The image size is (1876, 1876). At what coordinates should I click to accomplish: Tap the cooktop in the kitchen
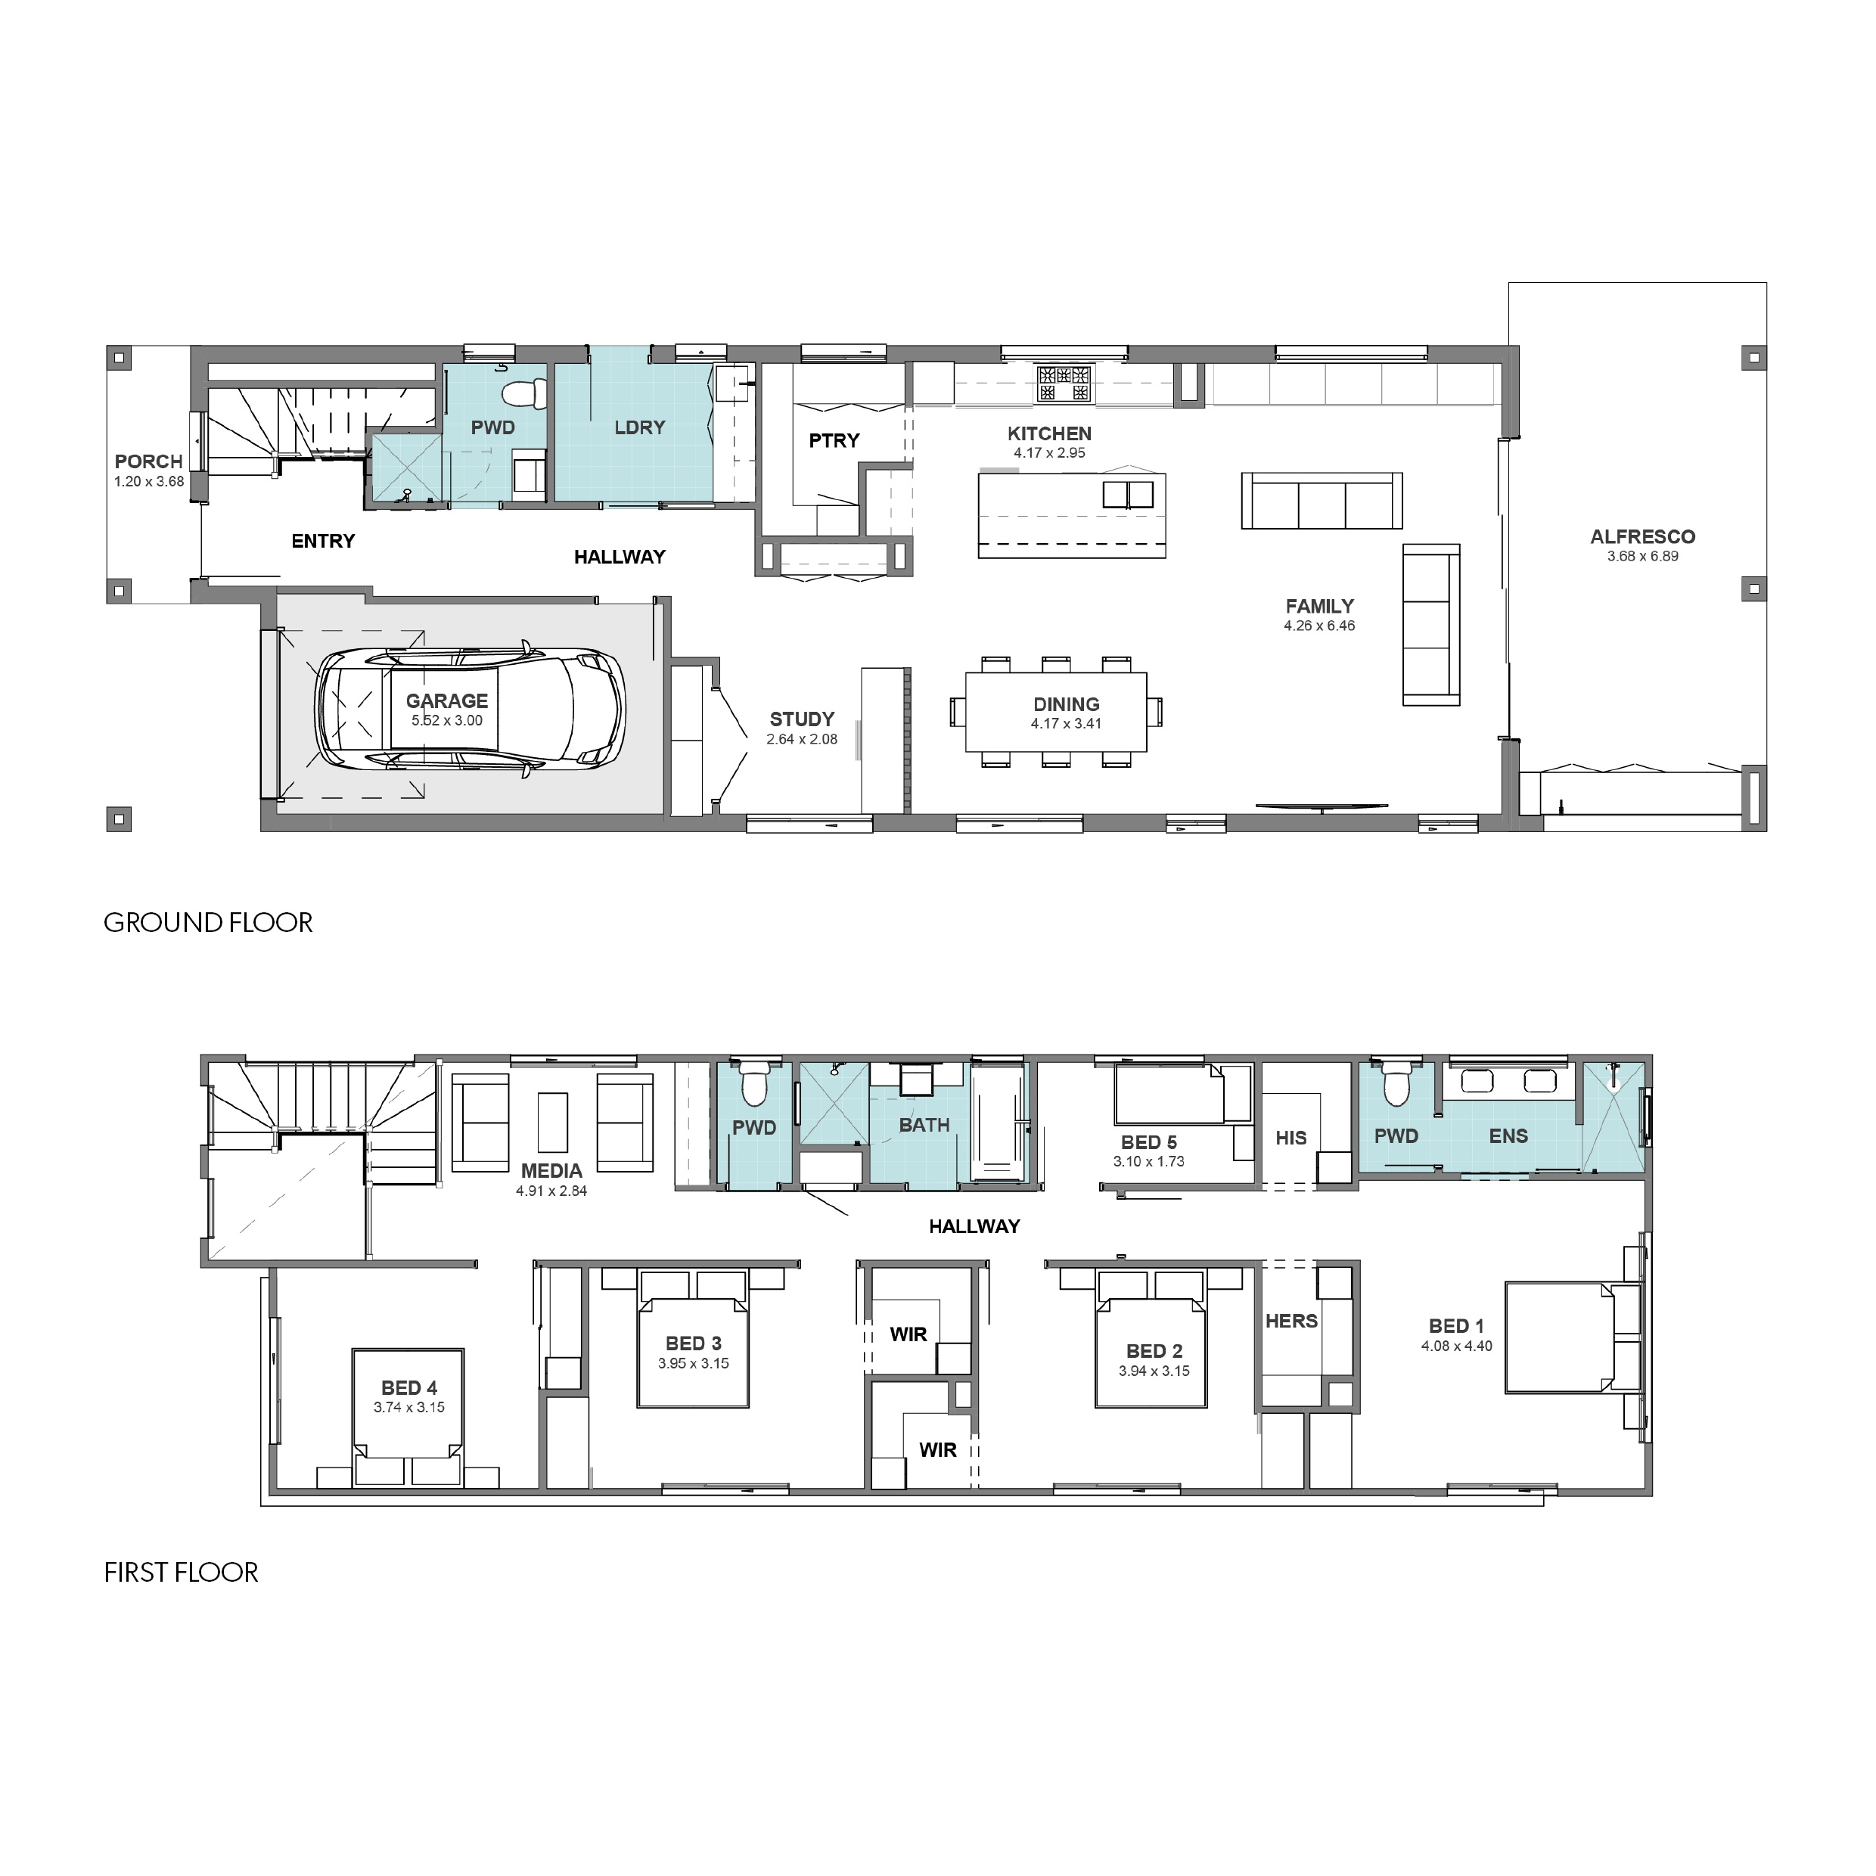(1065, 384)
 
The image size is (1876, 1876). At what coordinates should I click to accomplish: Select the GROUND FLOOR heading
(208, 922)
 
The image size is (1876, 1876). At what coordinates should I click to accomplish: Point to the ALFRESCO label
(1642, 536)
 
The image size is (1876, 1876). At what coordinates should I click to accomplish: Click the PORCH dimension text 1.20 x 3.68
(148, 482)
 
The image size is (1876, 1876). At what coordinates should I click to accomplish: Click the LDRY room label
(639, 427)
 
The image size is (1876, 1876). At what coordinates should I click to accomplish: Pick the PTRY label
(834, 441)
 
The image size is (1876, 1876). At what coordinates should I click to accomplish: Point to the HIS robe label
(1291, 1138)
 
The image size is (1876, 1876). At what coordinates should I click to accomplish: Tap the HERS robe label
(1291, 1322)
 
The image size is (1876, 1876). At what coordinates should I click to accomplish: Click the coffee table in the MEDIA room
(552, 1123)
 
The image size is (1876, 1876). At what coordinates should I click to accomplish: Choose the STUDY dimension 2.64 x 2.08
(802, 739)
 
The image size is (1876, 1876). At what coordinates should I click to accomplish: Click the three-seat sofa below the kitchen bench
(1322, 501)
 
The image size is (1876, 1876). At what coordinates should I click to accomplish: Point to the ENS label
(1508, 1136)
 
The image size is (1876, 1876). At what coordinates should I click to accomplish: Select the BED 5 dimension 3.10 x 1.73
(1149, 1161)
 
